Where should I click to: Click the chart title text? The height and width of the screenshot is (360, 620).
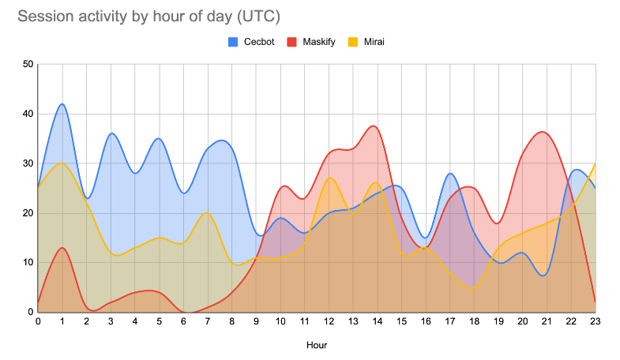point(148,17)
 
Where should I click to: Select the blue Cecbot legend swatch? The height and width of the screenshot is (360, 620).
point(233,42)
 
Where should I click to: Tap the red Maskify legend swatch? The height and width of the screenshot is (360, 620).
point(291,42)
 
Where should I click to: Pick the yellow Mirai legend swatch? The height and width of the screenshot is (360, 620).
point(353,42)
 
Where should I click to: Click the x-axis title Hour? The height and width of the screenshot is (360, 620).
point(317,345)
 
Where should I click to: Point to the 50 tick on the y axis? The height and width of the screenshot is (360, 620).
point(28,64)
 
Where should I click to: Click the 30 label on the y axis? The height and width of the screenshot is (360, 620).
point(28,163)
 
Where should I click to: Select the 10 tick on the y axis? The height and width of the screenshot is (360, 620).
point(28,262)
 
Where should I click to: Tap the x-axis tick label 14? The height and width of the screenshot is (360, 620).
point(378,321)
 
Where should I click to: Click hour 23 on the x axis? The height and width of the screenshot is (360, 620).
point(595,321)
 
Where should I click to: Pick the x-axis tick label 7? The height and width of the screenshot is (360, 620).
point(208,321)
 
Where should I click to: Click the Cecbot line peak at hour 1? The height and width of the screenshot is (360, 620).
point(62,104)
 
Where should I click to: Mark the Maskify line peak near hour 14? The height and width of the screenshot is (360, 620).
point(374,126)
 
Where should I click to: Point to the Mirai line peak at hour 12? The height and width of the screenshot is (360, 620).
point(330,178)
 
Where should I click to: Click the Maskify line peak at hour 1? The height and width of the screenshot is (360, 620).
point(62,248)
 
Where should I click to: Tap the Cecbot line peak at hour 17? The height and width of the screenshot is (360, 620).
point(450,174)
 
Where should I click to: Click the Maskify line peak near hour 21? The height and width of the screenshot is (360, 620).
point(542,132)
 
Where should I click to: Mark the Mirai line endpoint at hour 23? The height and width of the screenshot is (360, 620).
point(595,163)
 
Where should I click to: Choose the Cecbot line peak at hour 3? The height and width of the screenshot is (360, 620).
point(111,133)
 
